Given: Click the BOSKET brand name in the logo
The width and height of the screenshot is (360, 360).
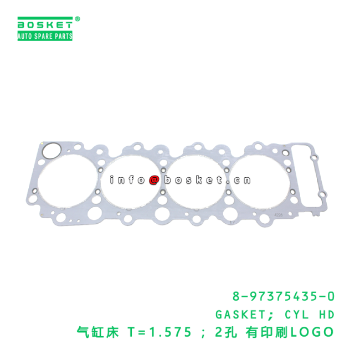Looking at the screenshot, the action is pyautogui.click(x=45, y=25).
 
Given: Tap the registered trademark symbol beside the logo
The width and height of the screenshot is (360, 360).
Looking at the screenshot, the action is pyautogui.click(x=78, y=19).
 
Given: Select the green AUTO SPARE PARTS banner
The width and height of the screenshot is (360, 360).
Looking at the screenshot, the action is pyautogui.click(x=45, y=36).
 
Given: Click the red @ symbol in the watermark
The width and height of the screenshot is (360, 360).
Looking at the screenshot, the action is pyautogui.click(x=155, y=180).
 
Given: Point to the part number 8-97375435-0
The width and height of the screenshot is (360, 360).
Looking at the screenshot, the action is pyautogui.click(x=284, y=297).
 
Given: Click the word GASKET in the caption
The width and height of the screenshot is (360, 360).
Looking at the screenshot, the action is pyautogui.click(x=240, y=315).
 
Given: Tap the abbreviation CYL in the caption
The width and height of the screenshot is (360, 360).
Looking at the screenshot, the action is pyautogui.click(x=297, y=315).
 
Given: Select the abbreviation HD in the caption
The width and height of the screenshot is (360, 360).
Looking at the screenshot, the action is pyautogui.click(x=326, y=315).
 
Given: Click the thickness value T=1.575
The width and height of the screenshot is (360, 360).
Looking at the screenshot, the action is pyautogui.click(x=160, y=332).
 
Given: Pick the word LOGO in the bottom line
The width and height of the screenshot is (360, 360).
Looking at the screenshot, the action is pyautogui.click(x=312, y=332).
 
